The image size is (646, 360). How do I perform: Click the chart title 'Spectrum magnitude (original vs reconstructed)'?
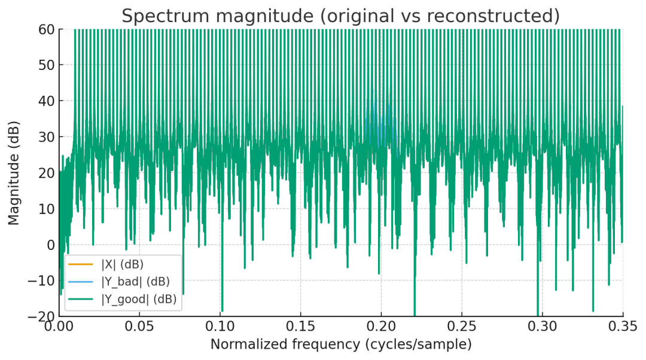pos(340,16)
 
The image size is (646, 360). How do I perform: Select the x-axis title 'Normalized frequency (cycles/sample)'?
pos(340,344)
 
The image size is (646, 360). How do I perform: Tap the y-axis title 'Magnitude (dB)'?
pos(14,173)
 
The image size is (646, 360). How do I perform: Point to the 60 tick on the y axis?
pos(47,29)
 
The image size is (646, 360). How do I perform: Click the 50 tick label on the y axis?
pos(47,65)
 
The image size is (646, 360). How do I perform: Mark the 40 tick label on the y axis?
pos(47,101)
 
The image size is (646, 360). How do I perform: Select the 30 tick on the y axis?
pos(47,137)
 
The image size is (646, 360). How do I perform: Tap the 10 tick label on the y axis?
pos(47,209)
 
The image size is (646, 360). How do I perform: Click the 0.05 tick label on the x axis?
pos(140,328)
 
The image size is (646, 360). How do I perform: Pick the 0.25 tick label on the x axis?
pos(462,328)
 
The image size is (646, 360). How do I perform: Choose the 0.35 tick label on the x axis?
pos(623,328)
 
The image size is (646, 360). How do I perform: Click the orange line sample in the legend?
pos(81,264)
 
